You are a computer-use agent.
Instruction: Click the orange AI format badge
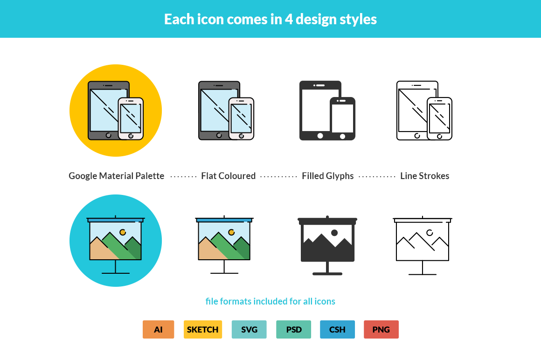(158, 329)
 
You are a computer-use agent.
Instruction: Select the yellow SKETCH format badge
(202, 329)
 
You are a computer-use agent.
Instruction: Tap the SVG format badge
(249, 329)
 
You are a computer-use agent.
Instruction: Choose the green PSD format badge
(293, 329)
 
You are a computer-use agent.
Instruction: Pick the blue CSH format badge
(337, 329)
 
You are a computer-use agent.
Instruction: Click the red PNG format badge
(381, 329)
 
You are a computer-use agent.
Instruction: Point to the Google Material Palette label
(116, 176)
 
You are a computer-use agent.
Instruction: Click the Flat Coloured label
(228, 176)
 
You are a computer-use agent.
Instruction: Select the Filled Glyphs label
(327, 176)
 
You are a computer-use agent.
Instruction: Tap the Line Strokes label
(424, 176)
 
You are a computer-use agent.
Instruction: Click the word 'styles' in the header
(356, 19)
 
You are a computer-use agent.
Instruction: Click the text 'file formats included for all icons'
(270, 301)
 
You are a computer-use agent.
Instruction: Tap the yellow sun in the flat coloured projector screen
(231, 232)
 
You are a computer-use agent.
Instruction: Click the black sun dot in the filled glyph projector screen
(334, 232)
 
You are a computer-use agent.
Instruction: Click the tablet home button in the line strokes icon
(417, 136)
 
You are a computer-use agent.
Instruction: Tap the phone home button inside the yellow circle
(131, 136)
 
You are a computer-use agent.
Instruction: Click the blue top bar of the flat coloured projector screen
(224, 220)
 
